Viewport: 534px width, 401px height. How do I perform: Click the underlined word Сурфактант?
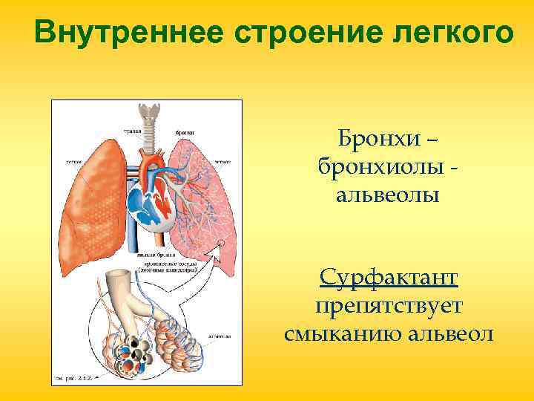[389, 278]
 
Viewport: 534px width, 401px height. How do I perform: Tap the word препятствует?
[389, 306]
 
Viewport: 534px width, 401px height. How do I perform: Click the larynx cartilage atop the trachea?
[154, 112]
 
